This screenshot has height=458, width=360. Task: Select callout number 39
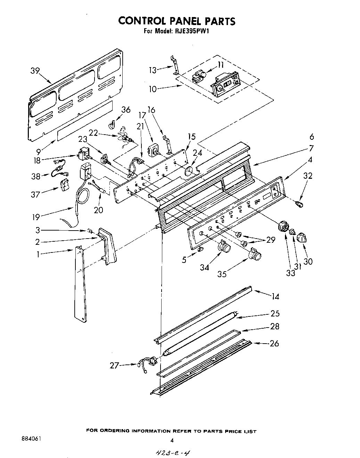pos(35,71)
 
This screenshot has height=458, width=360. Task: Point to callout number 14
pos(275,296)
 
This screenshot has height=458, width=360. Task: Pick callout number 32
pos(308,176)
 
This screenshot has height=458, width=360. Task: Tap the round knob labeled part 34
pos(224,248)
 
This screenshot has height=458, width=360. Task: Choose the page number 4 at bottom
pos(172,440)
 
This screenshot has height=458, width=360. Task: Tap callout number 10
pos(153,89)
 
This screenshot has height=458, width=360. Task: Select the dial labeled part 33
pos(284,228)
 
